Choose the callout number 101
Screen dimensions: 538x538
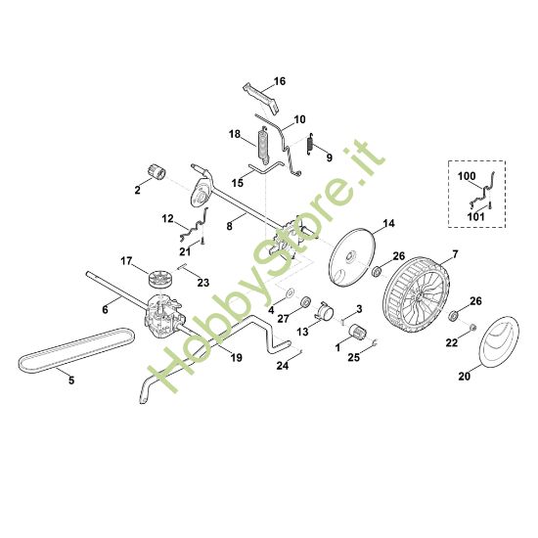475,217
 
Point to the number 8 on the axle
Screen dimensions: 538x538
230,226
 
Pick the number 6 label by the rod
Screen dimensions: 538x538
105,309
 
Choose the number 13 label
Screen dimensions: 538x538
302,333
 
